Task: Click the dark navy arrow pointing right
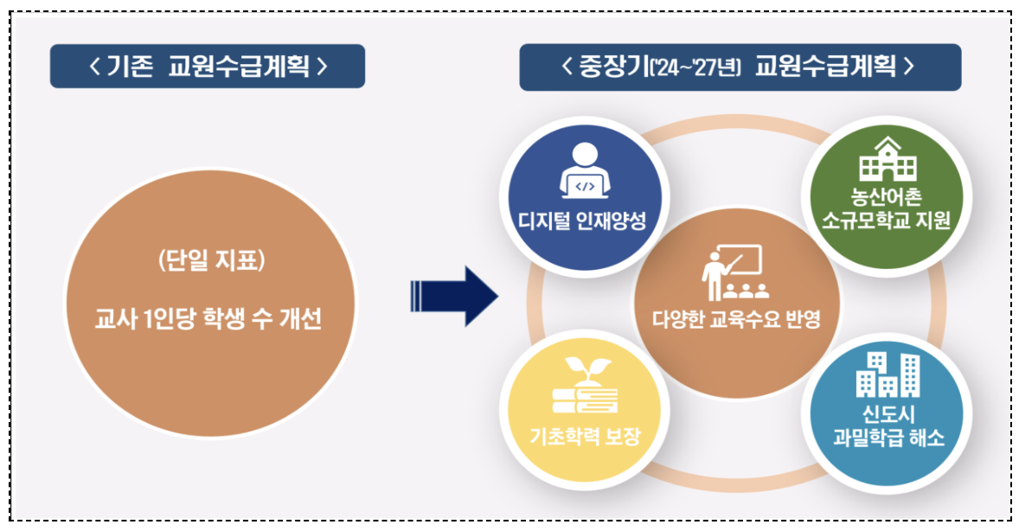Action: pos(454,296)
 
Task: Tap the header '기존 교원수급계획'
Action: pos(208,66)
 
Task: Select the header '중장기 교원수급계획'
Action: pos(740,67)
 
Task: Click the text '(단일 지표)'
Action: pos(208,261)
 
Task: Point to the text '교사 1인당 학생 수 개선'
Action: pos(208,319)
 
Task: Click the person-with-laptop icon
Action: pos(585,173)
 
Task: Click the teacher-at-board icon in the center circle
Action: pos(734,273)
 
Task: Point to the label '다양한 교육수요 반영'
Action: pos(736,319)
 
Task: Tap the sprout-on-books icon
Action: pos(585,388)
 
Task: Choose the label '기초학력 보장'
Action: pos(585,435)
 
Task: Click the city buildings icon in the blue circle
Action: pos(886,374)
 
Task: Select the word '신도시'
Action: pos(886,413)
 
